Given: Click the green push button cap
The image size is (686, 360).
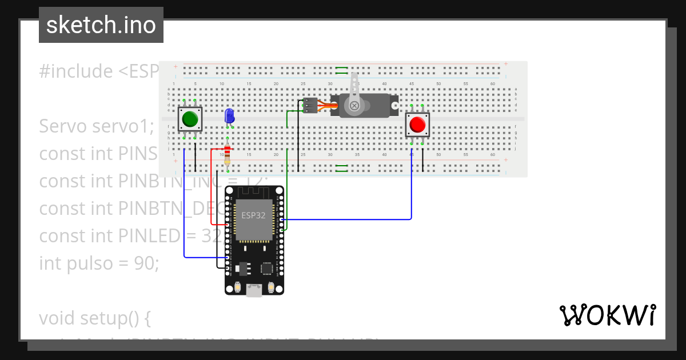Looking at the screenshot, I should point(190,119).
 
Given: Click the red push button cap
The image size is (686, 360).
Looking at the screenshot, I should point(417,125).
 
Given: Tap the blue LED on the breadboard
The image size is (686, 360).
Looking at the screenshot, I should point(229,116).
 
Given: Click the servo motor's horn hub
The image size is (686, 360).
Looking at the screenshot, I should point(355,106).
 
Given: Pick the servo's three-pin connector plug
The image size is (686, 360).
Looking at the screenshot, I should point(309,106).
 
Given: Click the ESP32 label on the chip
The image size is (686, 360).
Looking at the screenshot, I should point(254,215).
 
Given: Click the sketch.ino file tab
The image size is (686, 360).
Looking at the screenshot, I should point(101,25).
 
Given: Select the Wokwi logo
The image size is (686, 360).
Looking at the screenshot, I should point(607,315).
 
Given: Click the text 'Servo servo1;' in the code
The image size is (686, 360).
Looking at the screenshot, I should point(97,126).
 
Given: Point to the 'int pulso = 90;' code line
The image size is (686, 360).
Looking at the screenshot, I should point(99,263).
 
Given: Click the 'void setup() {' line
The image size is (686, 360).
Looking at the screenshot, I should point(94,317).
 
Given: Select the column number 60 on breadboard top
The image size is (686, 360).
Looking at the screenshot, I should point(492,84).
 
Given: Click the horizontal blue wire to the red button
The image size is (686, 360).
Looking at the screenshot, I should point(349,219).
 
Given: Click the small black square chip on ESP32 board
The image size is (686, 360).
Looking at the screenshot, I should point(266,268).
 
